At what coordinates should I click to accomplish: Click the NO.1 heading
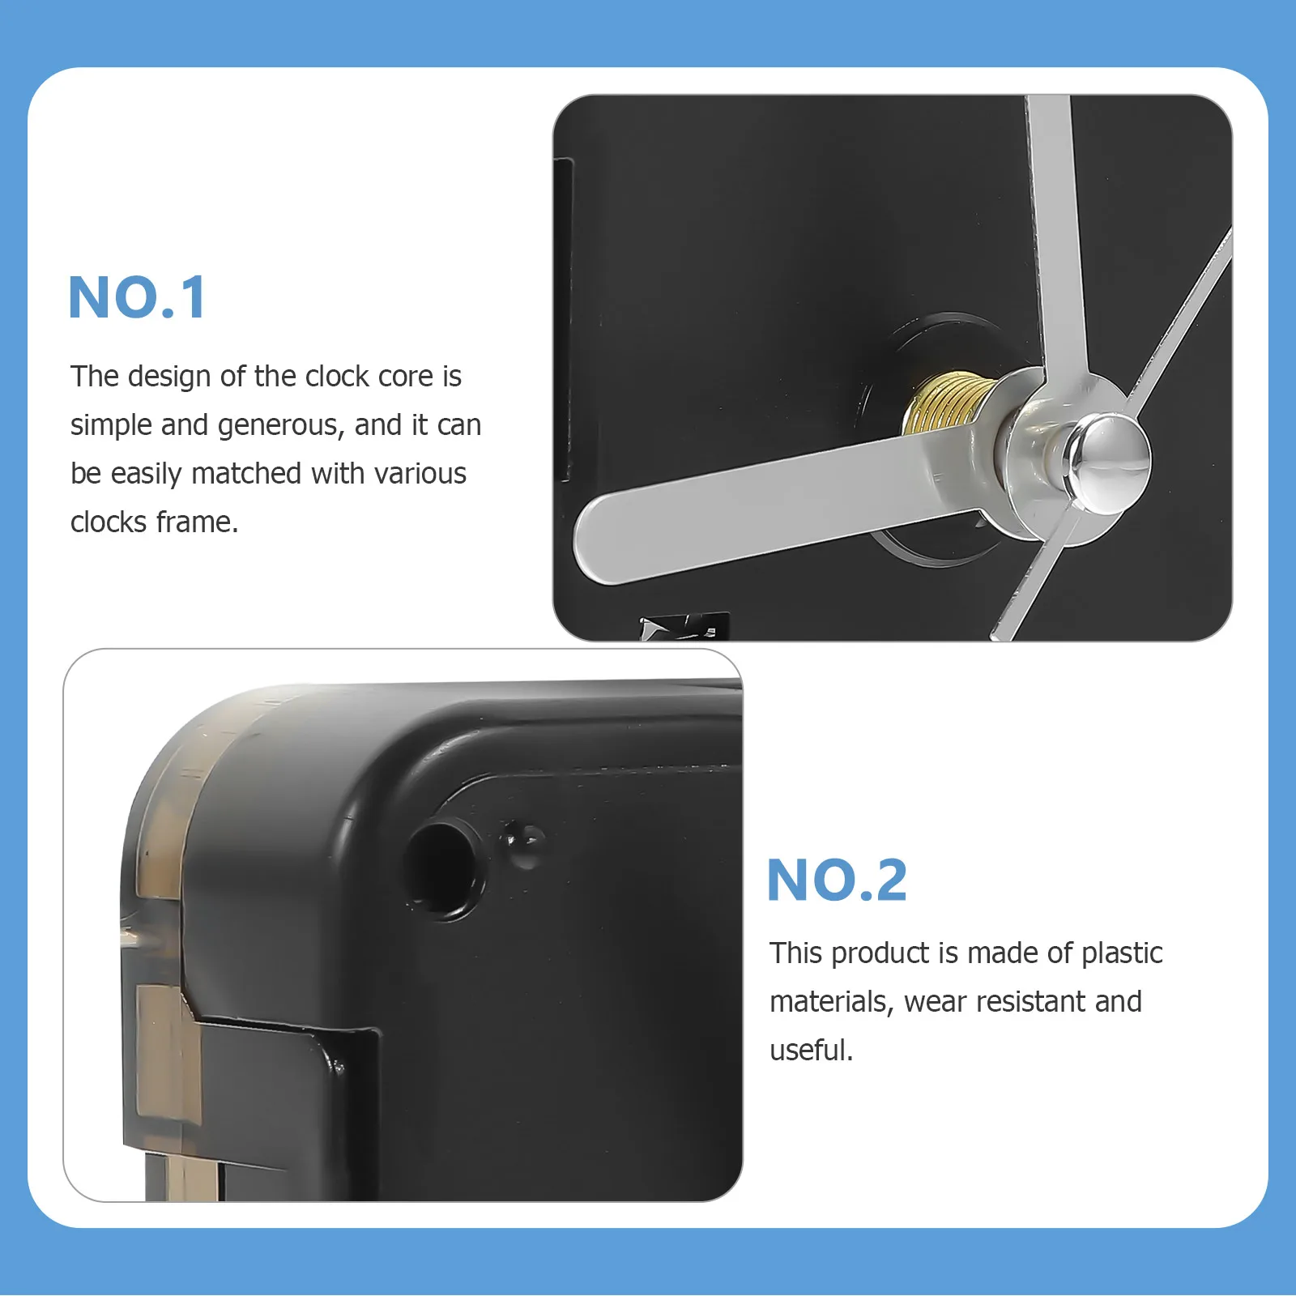[x=138, y=298]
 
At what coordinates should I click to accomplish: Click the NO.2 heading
[x=837, y=880]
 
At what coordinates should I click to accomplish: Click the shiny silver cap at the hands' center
[x=1107, y=463]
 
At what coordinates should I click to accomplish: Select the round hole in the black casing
[x=442, y=868]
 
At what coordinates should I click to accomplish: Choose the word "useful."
[x=811, y=1051]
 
